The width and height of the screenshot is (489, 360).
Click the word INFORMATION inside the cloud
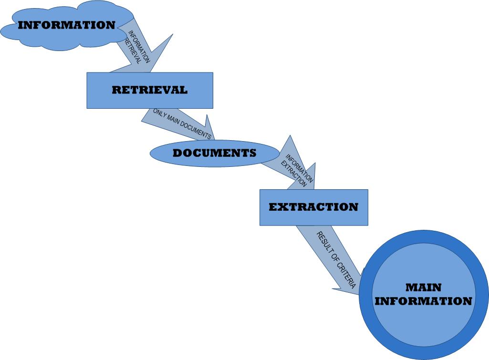[x=66, y=25]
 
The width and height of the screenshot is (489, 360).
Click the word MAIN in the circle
[x=423, y=288]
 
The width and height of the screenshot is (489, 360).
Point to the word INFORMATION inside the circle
[x=423, y=301]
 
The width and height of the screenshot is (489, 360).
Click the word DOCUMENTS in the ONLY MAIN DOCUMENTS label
[x=196, y=130]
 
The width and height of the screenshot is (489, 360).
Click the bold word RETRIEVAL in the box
[x=149, y=90]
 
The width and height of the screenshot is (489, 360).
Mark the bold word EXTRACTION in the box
[x=313, y=207]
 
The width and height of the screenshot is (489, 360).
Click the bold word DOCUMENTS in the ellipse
[x=214, y=153]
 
